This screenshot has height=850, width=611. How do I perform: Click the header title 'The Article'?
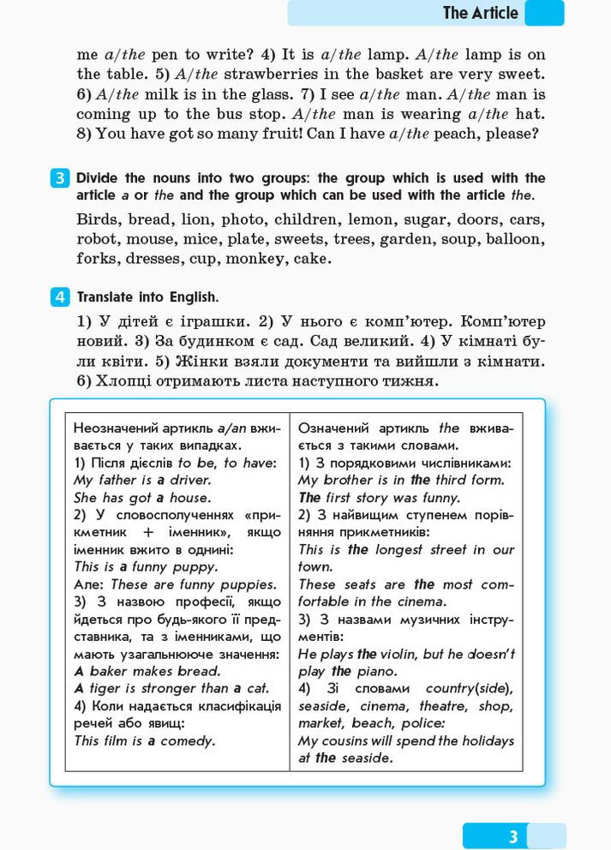point(480,13)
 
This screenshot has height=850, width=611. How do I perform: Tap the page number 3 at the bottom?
point(513,836)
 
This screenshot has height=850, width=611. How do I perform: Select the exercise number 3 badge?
point(60,178)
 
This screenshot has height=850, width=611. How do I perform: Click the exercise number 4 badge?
point(60,297)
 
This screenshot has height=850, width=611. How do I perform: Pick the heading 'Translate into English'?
point(147,297)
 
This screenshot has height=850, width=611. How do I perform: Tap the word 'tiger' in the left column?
point(109,688)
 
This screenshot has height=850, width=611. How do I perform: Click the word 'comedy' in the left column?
point(188,740)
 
